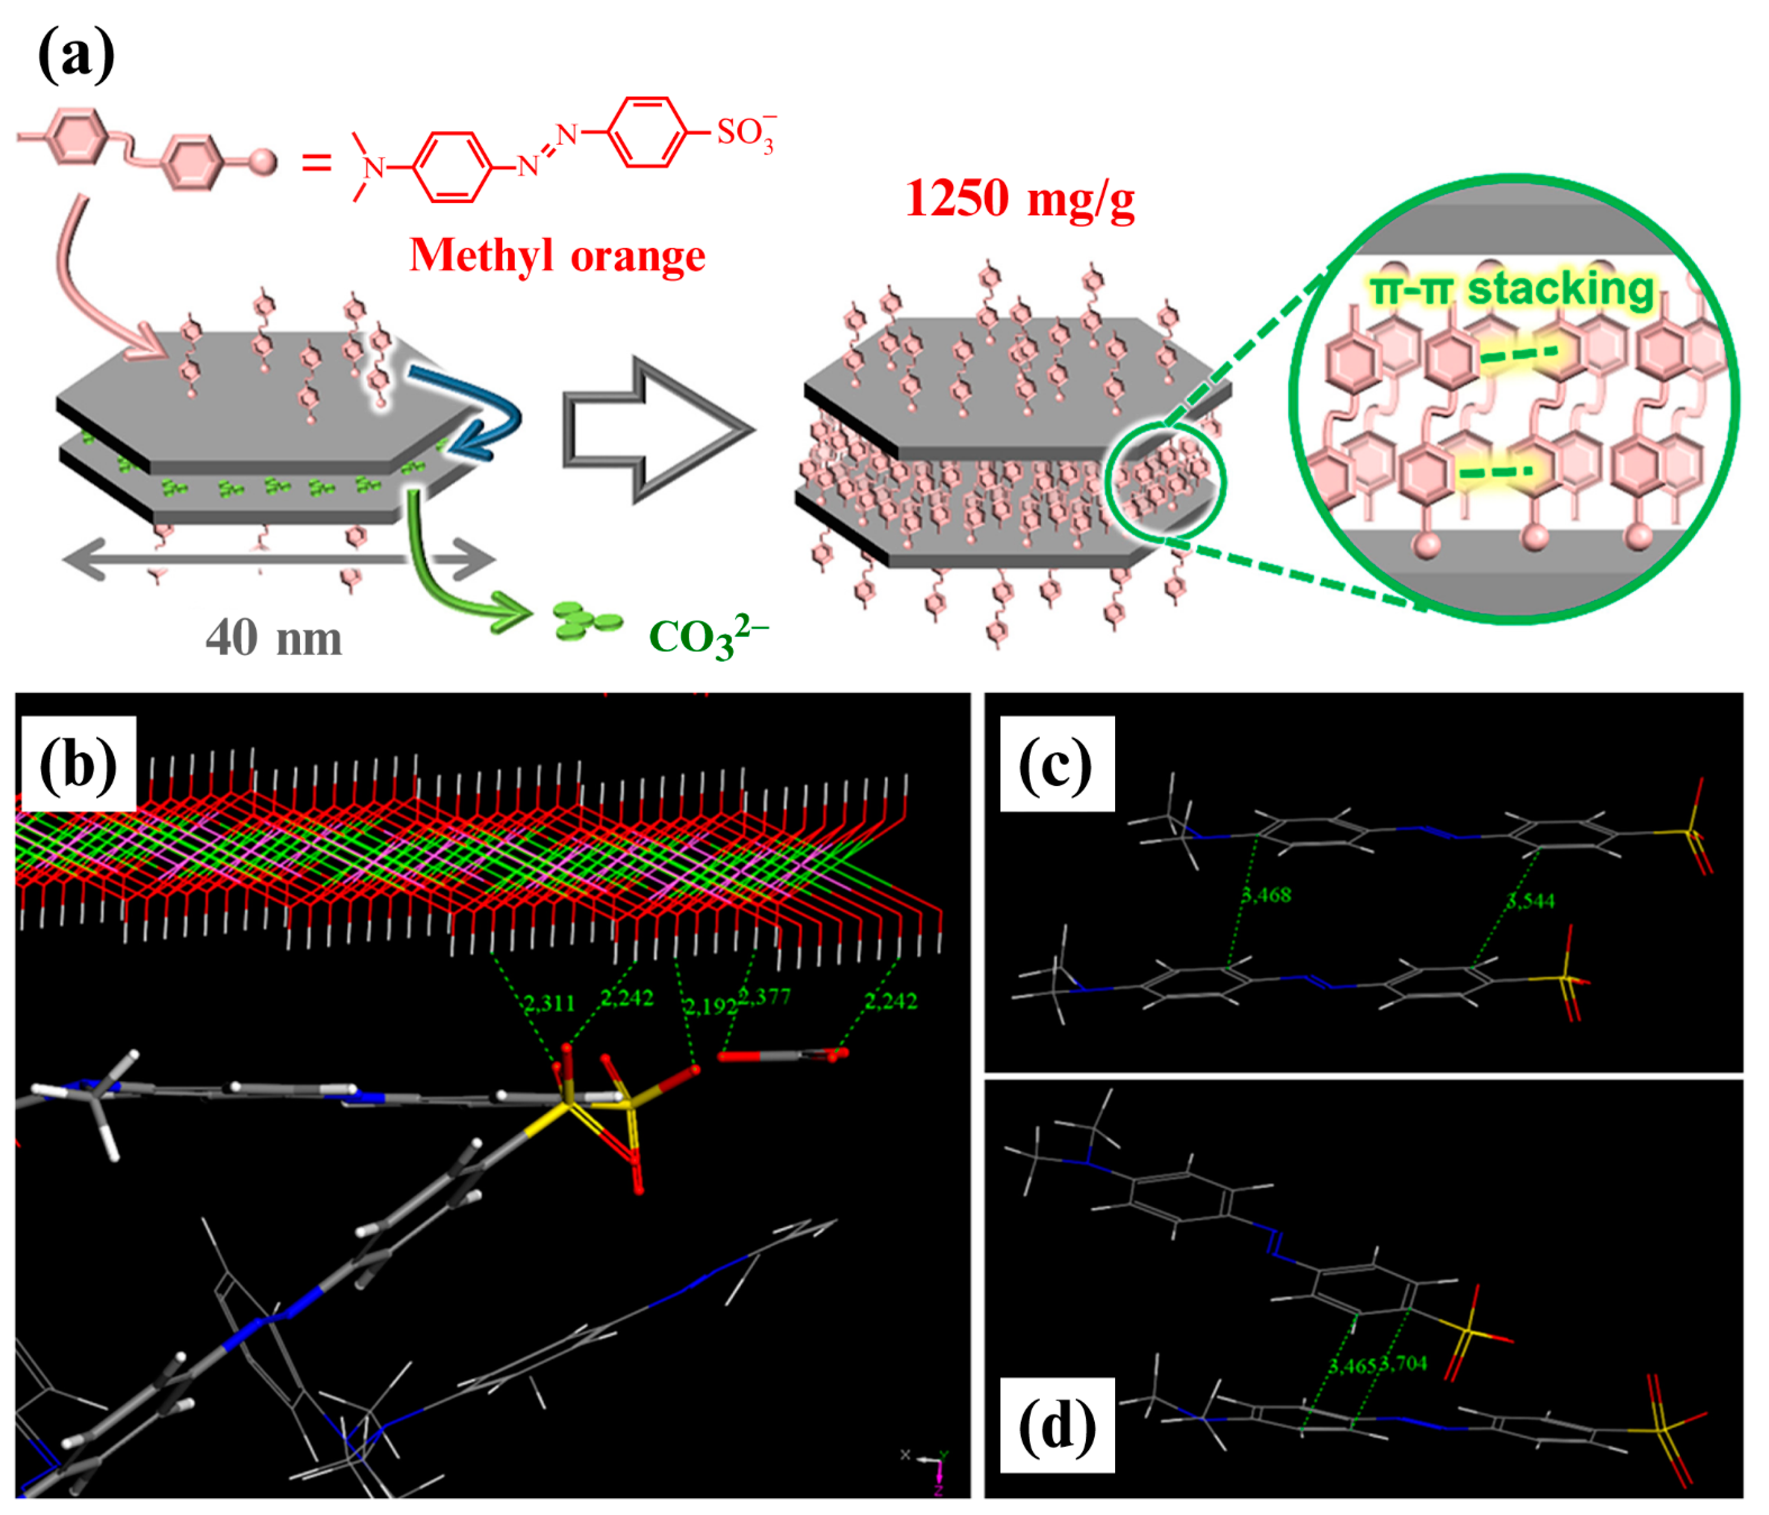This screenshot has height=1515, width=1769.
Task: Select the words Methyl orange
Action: click(x=558, y=255)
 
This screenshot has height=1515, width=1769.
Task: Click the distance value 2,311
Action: click(x=549, y=1003)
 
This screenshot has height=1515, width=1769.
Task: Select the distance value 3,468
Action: click(x=1266, y=895)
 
